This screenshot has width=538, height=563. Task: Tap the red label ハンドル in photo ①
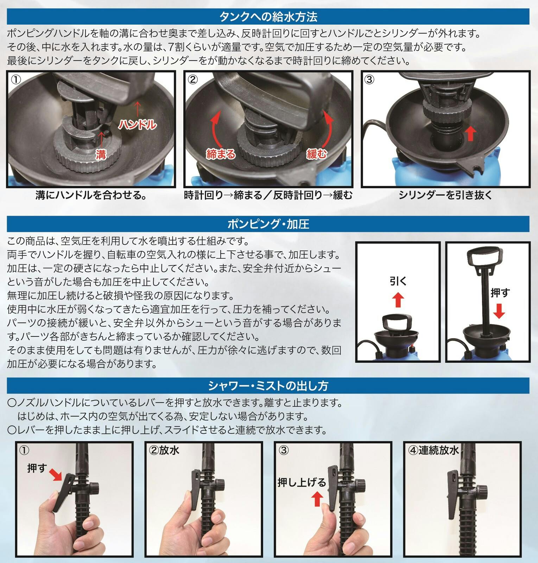(137, 124)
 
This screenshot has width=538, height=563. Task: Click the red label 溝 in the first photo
(101, 154)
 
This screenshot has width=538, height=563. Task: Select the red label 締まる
(221, 154)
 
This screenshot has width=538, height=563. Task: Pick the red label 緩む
(317, 153)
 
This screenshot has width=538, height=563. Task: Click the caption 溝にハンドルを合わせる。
(91, 195)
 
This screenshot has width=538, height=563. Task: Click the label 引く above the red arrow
(398, 281)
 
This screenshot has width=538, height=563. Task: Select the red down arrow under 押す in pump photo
(499, 311)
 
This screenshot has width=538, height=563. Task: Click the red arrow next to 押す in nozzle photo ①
(56, 474)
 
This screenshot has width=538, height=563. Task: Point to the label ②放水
(164, 450)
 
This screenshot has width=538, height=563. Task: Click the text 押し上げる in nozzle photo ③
(302, 482)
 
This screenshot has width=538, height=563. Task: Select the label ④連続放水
(433, 450)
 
